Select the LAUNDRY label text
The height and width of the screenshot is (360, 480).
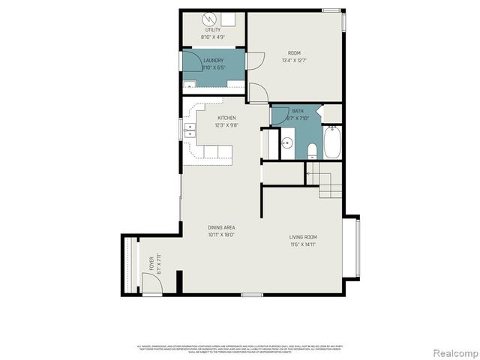pos(213,60)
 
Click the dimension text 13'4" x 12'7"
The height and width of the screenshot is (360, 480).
pos(295,61)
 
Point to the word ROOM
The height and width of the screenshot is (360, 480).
pos(295,52)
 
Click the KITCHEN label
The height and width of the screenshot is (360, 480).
pos(226,118)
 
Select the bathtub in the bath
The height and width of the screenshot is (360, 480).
pos(331,142)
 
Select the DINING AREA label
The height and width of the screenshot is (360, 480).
pos(221,226)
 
